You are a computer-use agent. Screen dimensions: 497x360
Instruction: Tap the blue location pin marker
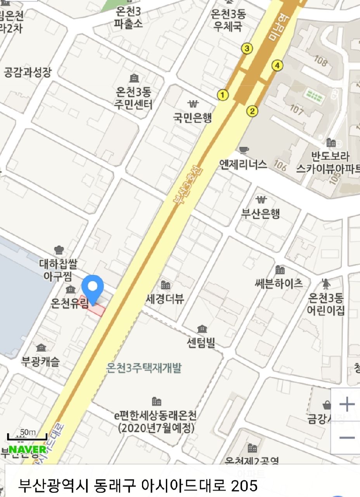pyautogui.click(x=93, y=288)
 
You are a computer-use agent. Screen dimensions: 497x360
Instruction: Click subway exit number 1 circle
pyautogui.click(x=223, y=95)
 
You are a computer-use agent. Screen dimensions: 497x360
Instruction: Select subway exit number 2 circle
pyautogui.click(x=252, y=111)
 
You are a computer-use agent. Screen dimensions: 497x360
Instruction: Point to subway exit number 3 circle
pyautogui.click(x=247, y=49)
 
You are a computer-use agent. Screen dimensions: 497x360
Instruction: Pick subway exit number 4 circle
pyautogui.click(x=277, y=66)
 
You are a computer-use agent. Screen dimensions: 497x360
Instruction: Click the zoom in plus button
pyautogui.click(x=346, y=405)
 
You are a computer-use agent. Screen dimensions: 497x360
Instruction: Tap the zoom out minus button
pyautogui.click(x=346, y=438)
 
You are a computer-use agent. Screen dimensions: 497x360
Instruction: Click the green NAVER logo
pyautogui.click(x=28, y=449)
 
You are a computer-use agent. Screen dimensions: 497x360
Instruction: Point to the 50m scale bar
pyautogui.click(x=27, y=437)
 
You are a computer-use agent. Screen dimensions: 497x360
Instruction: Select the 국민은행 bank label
pyautogui.click(x=193, y=118)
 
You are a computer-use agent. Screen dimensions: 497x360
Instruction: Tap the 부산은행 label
pyautogui.click(x=261, y=214)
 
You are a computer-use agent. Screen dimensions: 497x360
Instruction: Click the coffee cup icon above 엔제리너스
pyautogui.click(x=244, y=149)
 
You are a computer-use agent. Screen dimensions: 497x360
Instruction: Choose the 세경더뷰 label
pyautogui.click(x=165, y=299)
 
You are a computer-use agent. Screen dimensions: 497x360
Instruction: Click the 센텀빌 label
pyautogui.click(x=201, y=342)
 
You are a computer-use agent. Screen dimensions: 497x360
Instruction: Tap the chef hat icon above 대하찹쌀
pyautogui.click(x=59, y=250)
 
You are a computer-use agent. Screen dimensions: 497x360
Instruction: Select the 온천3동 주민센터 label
pyautogui.click(x=134, y=98)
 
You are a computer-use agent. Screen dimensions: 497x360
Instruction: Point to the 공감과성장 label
pyautogui.click(x=28, y=72)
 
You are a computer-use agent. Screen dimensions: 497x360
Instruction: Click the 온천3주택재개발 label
pyautogui.click(x=144, y=368)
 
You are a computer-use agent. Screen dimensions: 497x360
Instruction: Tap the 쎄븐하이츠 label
pyautogui.click(x=279, y=283)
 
